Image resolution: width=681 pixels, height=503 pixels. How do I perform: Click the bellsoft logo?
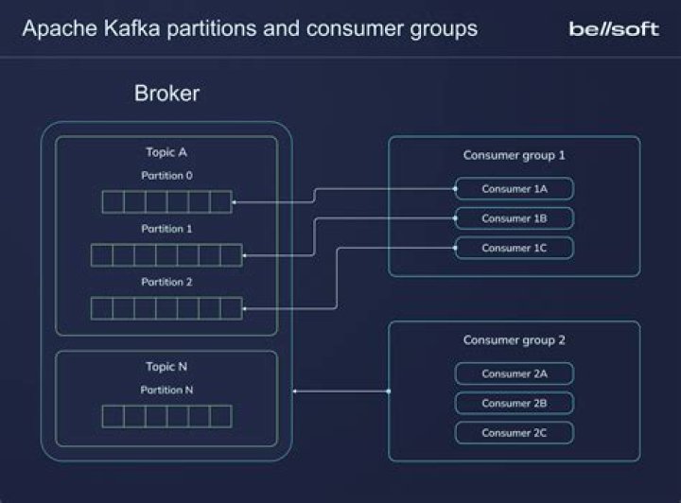pos(614,29)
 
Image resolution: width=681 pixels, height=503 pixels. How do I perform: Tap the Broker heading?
pos(166,93)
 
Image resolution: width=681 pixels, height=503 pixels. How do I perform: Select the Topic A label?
pos(166,152)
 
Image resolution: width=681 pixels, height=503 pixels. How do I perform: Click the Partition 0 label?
pos(166,175)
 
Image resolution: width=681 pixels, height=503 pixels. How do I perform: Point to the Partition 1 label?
pos(166,229)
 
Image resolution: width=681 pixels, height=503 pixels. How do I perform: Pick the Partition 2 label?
pos(166,282)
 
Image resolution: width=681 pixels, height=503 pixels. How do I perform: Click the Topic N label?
pos(166,367)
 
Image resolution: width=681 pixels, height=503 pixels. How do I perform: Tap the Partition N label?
pos(166,390)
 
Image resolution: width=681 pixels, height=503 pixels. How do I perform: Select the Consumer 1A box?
pos(515,189)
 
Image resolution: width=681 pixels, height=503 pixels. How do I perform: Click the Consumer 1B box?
pos(515,218)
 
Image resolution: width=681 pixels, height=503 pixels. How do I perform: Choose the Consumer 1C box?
pos(515,248)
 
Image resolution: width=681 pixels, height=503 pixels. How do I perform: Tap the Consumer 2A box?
pos(515,373)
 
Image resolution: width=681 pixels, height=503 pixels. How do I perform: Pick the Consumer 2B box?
pos(515,403)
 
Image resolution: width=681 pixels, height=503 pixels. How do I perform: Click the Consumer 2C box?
pos(515,433)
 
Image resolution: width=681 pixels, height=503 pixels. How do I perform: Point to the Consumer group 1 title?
pos(515,155)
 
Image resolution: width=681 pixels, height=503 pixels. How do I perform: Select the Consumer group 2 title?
pos(515,340)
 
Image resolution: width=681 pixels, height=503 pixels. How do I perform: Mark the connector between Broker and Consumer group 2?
pos(340,391)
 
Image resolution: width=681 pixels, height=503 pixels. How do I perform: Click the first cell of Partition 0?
pos(113,201)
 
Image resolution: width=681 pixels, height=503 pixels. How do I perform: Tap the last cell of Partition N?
pos(220,416)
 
